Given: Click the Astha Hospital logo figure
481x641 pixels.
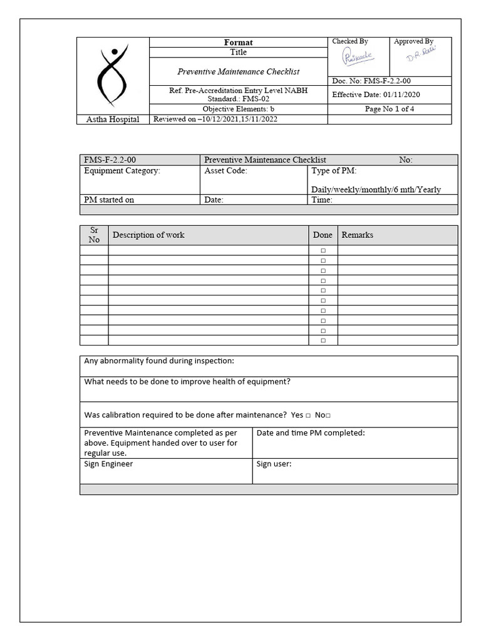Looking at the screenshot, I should [x=113, y=76].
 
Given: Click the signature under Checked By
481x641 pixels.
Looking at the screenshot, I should [x=356, y=58].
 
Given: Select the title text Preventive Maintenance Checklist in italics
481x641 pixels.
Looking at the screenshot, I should [x=238, y=72].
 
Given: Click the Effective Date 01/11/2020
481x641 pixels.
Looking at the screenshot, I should [x=376, y=95].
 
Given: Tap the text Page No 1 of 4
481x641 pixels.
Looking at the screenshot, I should [x=390, y=109].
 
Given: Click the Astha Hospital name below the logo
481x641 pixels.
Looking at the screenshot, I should [x=113, y=120].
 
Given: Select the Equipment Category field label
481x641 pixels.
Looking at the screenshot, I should [x=122, y=170].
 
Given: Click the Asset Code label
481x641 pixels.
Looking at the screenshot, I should [x=225, y=170].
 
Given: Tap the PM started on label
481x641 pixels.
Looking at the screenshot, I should [x=109, y=200].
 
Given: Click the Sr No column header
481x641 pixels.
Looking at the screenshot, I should [x=94, y=235].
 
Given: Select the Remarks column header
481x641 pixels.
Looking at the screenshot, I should [x=357, y=235].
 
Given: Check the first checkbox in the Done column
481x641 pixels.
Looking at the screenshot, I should [x=323, y=250].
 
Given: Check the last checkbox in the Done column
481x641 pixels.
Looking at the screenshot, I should [x=323, y=341].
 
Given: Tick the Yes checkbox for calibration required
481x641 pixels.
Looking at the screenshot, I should [x=308, y=416].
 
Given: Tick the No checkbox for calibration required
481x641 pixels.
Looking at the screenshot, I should [x=328, y=416].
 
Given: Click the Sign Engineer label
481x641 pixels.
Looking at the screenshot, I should [x=108, y=464].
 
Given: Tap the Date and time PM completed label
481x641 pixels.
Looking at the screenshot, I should [x=311, y=433].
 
